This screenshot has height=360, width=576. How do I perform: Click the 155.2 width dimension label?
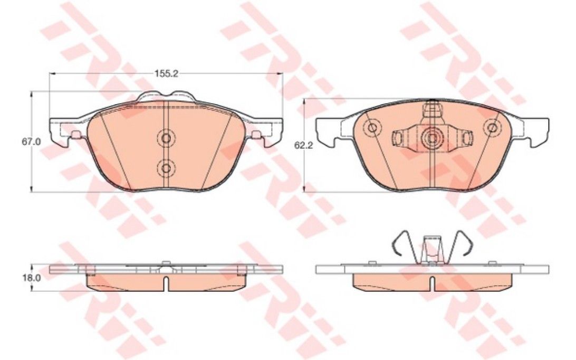166,73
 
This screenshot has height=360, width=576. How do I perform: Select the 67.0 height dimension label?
30,141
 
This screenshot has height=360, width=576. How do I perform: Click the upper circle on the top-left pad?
166,139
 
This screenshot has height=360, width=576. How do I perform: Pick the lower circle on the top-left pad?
166,168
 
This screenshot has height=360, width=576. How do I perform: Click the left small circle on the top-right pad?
372,128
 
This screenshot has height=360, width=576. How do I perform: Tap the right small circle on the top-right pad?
492,128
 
